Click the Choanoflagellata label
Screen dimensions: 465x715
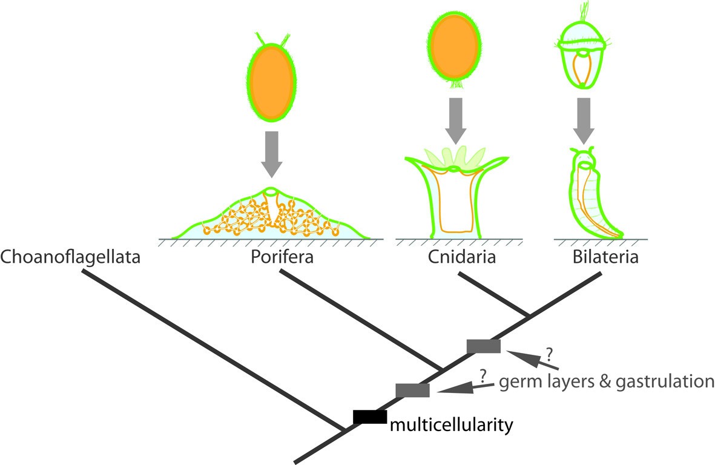pos(71,258)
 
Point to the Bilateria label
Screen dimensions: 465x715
pos(605,258)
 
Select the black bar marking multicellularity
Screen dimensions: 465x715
pos(369,417)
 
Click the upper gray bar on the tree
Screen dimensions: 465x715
pos(484,346)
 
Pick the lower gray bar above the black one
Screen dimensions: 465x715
pos(412,391)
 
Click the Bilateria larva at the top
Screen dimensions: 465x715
pos(583,58)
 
